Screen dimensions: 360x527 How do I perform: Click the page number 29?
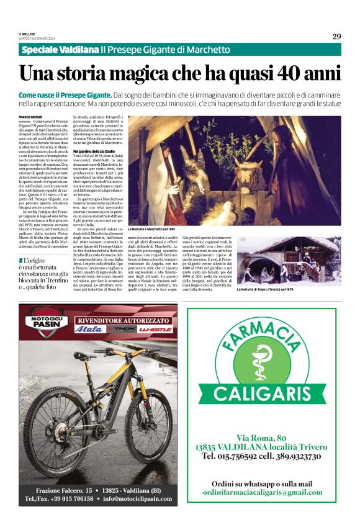336,36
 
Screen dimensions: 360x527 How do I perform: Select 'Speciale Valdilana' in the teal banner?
60,50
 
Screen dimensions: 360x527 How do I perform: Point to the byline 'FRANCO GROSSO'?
30,117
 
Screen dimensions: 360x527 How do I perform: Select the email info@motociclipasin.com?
136,498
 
